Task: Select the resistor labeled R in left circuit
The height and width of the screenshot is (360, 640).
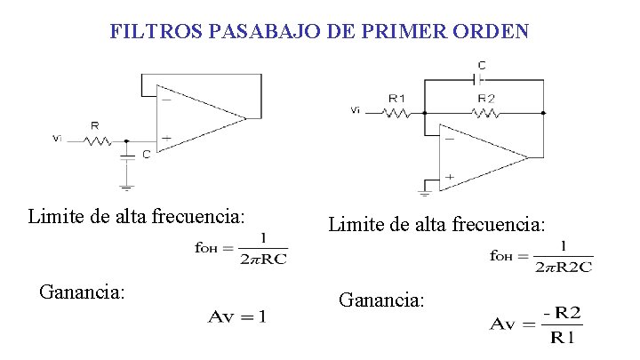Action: click(x=96, y=140)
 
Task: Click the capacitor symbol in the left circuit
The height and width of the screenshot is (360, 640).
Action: click(x=126, y=155)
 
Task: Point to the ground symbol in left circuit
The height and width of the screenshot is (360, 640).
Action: click(x=126, y=186)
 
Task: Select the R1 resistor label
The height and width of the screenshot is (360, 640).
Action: click(x=396, y=98)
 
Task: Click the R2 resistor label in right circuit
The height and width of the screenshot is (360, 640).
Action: click(x=486, y=98)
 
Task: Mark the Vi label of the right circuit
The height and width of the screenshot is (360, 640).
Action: click(x=356, y=111)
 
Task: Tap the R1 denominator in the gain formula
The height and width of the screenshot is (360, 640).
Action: click(x=562, y=338)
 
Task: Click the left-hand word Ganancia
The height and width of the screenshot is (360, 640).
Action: click(x=82, y=292)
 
